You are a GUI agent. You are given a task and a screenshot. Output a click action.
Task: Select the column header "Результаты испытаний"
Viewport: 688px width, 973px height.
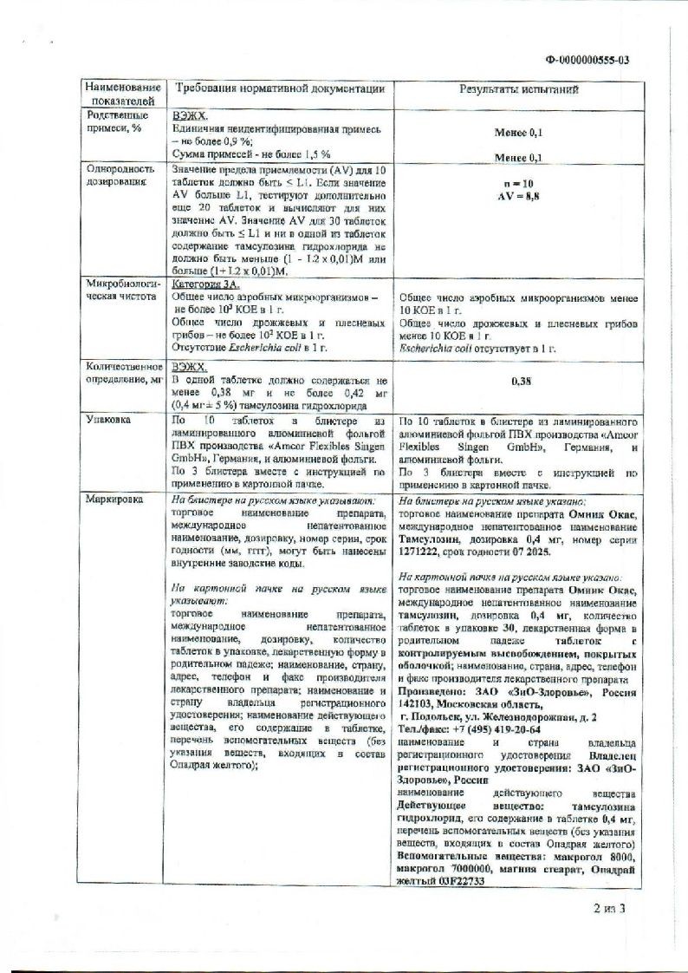[519, 89]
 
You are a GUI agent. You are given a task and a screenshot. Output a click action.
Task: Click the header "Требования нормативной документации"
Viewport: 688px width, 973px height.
[279, 89]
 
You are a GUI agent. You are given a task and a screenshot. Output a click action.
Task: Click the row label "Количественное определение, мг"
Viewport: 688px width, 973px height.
[123, 375]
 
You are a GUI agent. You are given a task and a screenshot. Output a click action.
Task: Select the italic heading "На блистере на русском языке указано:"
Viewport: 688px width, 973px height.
[491, 501]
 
